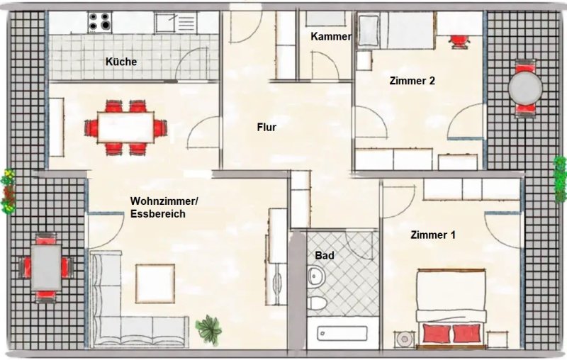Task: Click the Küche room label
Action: pyautogui.click(x=121, y=62)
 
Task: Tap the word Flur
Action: pyautogui.click(x=267, y=128)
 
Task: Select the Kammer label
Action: pyautogui.click(x=331, y=37)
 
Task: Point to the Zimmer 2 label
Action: pyautogui.click(x=412, y=81)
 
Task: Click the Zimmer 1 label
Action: pyautogui.click(x=433, y=235)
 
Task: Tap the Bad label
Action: pyautogui.click(x=325, y=256)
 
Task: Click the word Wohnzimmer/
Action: pyautogui.click(x=164, y=201)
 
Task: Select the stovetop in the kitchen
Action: pyautogui.click(x=100, y=21)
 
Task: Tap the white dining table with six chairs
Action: pyautogui.click(x=126, y=128)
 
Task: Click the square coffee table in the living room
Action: pyautogui.click(x=155, y=283)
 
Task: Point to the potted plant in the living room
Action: pyautogui.click(x=208, y=328)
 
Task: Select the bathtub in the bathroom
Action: pyautogui.click(x=342, y=333)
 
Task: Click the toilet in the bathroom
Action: pyautogui.click(x=315, y=302)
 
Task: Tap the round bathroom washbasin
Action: pyautogui.click(x=316, y=276)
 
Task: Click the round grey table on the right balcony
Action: pyautogui.click(x=525, y=88)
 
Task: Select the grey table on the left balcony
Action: pyautogui.click(x=46, y=267)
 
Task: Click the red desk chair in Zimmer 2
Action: pyautogui.click(x=459, y=41)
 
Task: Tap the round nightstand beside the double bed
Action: pyautogui.click(x=405, y=339)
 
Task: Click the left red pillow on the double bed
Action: pyautogui.click(x=437, y=333)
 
